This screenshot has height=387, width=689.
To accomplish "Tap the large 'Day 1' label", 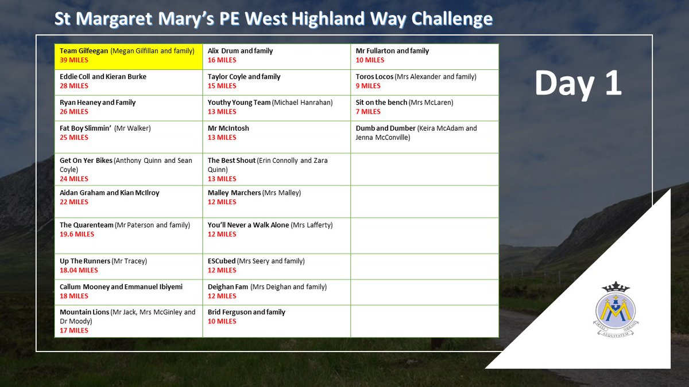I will (x=578, y=83).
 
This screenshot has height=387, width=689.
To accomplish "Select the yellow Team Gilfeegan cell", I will (x=129, y=56).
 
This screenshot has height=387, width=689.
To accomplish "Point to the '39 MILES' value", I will (x=74, y=60).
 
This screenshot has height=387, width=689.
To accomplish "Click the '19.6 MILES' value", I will (x=77, y=234).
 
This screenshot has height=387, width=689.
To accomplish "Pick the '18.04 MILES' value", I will (x=79, y=270).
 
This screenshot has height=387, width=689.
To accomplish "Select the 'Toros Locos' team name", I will (x=374, y=77).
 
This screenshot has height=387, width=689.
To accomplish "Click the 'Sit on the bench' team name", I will (x=381, y=103).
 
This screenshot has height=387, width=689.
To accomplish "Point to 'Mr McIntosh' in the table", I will (x=229, y=128).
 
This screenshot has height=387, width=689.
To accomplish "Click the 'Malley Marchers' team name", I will (x=234, y=193).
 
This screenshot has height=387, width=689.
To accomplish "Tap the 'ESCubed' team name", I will (x=221, y=261).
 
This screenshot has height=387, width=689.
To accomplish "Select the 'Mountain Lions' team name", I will (x=84, y=312).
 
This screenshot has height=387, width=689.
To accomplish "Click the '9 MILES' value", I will (x=368, y=86).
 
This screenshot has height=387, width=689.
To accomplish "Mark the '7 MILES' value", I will (x=368, y=112).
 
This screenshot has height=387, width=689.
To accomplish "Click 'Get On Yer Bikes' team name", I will (x=86, y=161).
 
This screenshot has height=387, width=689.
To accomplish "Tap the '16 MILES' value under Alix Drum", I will (x=222, y=60).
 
